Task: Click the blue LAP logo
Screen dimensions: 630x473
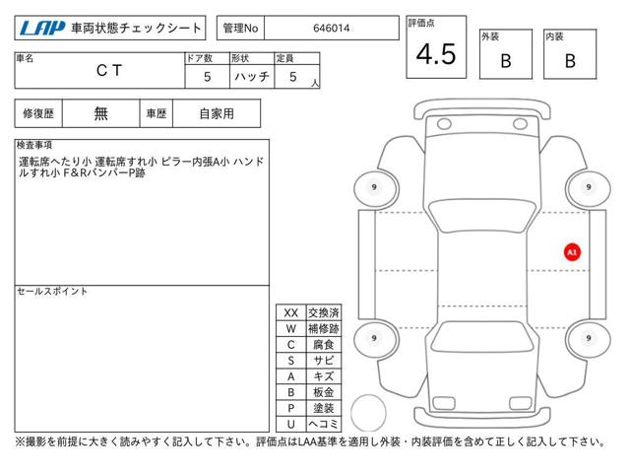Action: pos(42,29)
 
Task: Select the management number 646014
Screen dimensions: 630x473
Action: pos(331,29)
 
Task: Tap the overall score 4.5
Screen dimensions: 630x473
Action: pos(436,54)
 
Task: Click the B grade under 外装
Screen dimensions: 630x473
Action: pos(506,61)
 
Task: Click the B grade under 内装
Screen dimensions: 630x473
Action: pos(570,61)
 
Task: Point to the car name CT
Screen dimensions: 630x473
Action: pos(109,71)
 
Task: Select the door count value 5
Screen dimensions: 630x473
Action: pos(207,77)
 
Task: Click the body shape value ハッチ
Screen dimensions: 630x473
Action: pos(252,77)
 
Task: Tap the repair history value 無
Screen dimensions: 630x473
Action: pos(100,114)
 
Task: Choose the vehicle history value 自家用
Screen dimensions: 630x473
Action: pos(217,114)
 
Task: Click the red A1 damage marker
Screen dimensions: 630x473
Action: pos(572,252)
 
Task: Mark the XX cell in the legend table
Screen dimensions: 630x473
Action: pos(291,312)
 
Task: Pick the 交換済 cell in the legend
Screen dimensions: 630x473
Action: pos(324,312)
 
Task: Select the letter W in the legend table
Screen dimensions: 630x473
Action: pos(291,328)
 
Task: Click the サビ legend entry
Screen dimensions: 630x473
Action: pos(324,361)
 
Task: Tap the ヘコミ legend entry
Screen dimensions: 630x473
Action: pos(324,424)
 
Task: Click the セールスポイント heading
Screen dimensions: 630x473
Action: pos(52,292)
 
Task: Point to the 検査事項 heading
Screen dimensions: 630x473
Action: pos(34,145)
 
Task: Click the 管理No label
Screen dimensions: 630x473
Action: pos(240,29)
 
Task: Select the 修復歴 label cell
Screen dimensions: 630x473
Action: pos(38,114)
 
